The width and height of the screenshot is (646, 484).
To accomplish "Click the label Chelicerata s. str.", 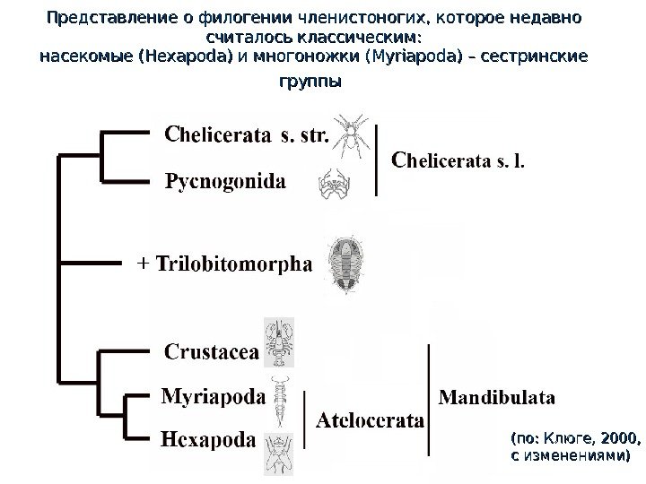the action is tap(248, 136).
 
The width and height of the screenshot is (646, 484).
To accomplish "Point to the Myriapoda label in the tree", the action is tap(213, 395).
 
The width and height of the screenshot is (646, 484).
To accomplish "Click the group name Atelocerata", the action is tap(370, 419).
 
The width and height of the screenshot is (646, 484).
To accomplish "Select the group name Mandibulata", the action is tap(496, 395).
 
